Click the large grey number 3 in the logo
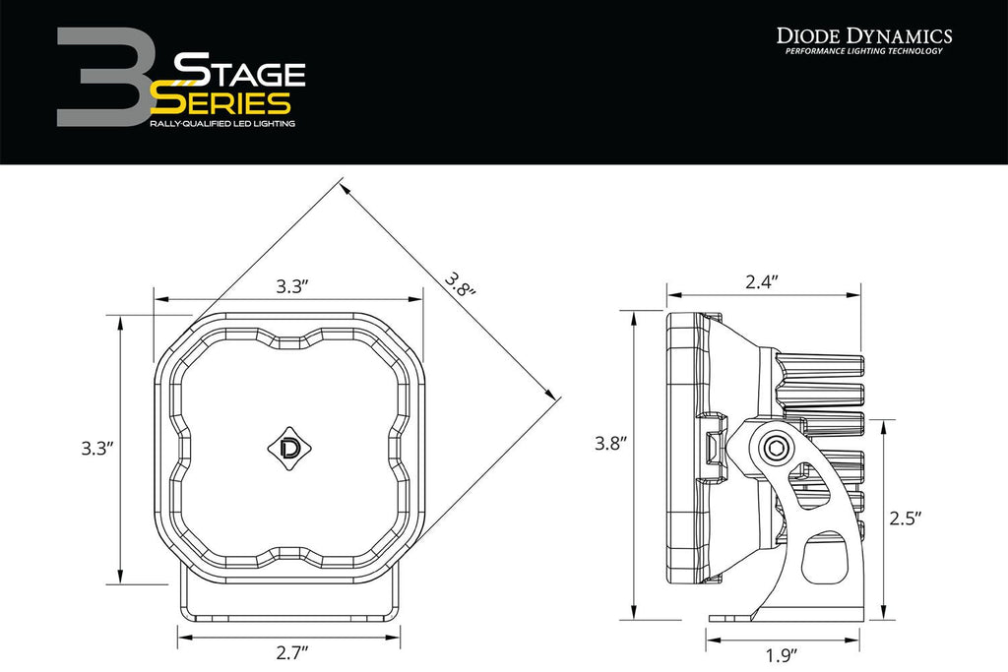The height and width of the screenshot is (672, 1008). [x=98, y=77]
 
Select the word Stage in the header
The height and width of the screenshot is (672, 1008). [x=239, y=72]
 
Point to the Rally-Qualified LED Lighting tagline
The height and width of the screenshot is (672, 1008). [x=221, y=125]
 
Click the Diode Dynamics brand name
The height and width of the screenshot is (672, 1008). [x=864, y=36]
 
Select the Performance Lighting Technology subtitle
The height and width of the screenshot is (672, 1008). [x=864, y=51]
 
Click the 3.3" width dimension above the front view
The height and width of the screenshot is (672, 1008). [x=292, y=286]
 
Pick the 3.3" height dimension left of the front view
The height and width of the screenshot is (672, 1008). [x=97, y=448]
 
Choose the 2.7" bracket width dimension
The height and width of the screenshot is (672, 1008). [x=292, y=651]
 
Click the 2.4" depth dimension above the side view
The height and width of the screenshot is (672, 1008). [x=763, y=281]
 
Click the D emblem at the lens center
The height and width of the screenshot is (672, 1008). [x=291, y=447]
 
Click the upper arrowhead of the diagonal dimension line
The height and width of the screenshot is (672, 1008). [x=344, y=185]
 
